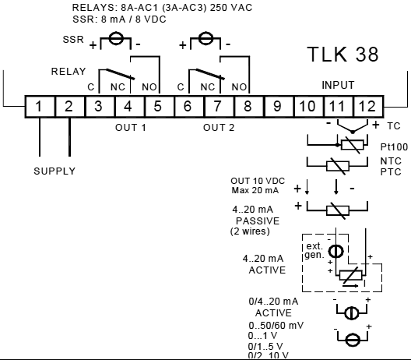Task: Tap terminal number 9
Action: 276,106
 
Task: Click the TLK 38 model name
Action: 342,55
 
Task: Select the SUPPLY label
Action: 54,171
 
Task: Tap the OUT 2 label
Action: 220,126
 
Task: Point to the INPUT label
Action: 338,84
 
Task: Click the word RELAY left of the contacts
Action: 68,72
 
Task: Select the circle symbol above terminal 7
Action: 205,39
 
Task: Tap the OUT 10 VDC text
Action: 251,182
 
